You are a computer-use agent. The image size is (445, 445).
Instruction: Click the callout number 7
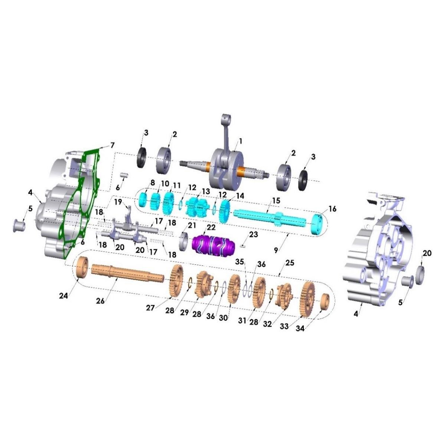click(x=112, y=145)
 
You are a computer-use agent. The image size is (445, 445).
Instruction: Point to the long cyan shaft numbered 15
click(x=270, y=218)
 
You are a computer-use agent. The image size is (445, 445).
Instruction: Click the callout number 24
click(x=63, y=296)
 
